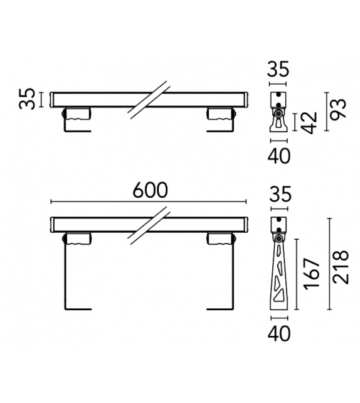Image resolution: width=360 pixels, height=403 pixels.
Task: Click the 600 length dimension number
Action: [x=150, y=190]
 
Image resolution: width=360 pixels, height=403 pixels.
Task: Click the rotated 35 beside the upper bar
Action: [x=27, y=99]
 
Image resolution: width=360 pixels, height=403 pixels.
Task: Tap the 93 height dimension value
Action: [x=340, y=112]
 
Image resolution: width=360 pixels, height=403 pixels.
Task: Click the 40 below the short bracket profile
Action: [x=278, y=156]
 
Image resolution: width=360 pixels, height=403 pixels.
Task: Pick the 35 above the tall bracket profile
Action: [x=278, y=195]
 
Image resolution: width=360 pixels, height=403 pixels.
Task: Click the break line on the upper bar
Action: [x=149, y=99]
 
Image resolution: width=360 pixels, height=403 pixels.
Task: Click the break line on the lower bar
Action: [x=149, y=224]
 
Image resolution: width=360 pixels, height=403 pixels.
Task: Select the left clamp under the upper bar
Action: [x=77, y=114]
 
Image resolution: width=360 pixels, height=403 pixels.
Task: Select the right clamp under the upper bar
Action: [x=221, y=114]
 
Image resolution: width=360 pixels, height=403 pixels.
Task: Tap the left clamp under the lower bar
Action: [x=77, y=239]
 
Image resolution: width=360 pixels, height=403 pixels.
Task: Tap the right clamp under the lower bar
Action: [x=221, y=239]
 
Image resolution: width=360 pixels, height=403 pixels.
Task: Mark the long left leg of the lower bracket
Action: [x=65, y=276]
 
